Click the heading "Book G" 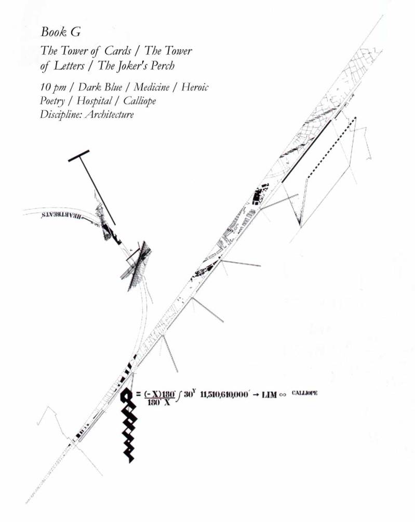click(60, 32)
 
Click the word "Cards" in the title click(122, 51)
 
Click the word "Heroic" click(195, 87)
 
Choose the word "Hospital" click(94, 101)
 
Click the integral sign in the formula click(179, 396)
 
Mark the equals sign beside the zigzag click(138, 394)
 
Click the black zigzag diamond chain click(128, 426)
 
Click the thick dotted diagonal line click(331, 148)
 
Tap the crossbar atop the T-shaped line click(79, 155)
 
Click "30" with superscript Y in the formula click(188, 394)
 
